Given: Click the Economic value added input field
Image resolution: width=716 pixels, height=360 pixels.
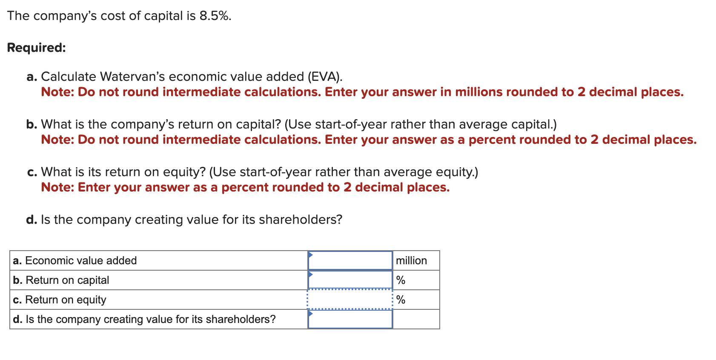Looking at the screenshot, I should (x=350, y=260).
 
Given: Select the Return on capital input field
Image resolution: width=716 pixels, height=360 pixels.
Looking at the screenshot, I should (x=350, y=280).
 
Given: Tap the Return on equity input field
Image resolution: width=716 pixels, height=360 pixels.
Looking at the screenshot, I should (x=350, y=300).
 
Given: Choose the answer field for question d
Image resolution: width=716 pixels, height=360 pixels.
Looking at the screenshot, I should (x=350, y=319).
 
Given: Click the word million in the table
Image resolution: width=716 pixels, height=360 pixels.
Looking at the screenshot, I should (x=411, y=260).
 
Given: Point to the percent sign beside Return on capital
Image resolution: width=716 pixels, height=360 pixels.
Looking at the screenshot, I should (x=401, y=280).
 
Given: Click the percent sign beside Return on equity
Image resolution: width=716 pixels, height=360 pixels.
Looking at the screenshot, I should (x=401, y=300).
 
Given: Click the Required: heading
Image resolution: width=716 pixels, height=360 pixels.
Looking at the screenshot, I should (x=37, y=47).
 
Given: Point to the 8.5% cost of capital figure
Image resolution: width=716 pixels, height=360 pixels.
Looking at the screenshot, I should (x=215, y=16).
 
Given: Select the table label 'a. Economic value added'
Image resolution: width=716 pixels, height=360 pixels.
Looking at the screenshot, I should (x=75, y=260).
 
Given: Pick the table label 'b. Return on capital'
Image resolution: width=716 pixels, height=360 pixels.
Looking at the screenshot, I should (x=61, y=280).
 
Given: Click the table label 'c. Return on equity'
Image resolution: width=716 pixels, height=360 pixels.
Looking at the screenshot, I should (x=60, y=300).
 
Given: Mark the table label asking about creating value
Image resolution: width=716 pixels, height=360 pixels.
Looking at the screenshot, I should (x=144, y=319).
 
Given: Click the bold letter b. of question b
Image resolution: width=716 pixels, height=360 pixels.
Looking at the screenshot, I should (x=32, y=124).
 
